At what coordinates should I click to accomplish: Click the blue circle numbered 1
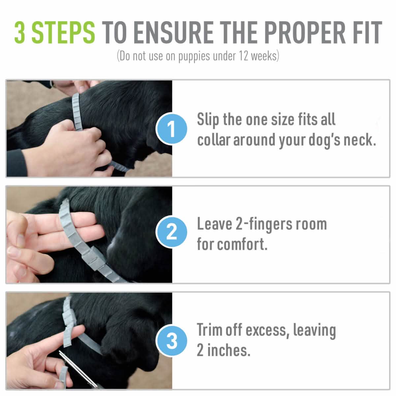[x=172, y=129]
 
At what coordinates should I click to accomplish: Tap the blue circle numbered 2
[x=172, y=233]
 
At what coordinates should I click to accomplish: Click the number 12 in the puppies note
[x=243, y=56]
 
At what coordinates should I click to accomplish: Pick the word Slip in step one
[x=208, y=119]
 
